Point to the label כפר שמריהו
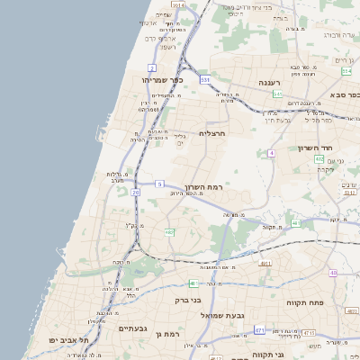click(x=163, y=80)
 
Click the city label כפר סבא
click(x=342, y=94)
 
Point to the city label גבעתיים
click(x=139, y=328)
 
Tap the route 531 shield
click(x=205, y=80)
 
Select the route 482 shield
click(x=169, y=232)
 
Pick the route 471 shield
click(x=259, y=330)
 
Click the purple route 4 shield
click(x=271, y=153)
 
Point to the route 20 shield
click(x=136, y=192)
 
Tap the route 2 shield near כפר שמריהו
click(x=152, y=67)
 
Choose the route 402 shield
click(x=319, y=159)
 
